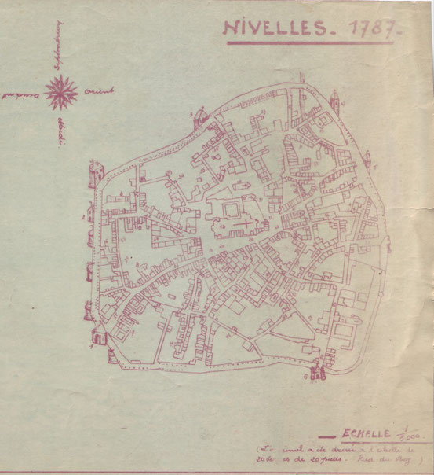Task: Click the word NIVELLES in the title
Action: click(271, 27)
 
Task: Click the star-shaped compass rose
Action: click(60, 94)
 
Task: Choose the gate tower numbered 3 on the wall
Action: click(97, 168)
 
